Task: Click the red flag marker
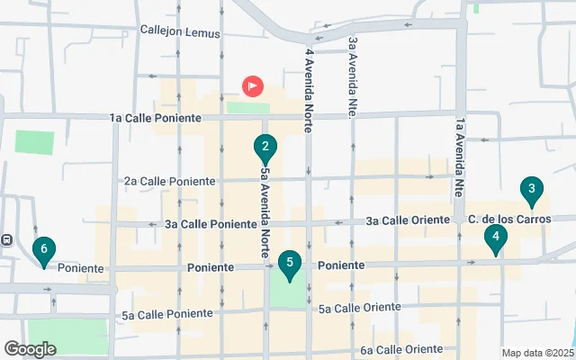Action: tap(253, 86)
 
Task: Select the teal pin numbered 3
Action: tap(532, 190)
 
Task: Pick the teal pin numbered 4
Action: tap(495, 238)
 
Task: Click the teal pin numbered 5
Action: tap(289, 264)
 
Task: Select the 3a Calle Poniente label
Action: tap(204, 224)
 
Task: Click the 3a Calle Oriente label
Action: tap(407, 220)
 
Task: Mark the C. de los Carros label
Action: tap(508, 219)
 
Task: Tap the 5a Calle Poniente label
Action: tap(167, 314)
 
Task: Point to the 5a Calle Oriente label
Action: tap(359, 308)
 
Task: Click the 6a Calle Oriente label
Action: tap(401, 349)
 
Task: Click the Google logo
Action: tap(30, 348)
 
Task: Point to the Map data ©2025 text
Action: tap(536, 353)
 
